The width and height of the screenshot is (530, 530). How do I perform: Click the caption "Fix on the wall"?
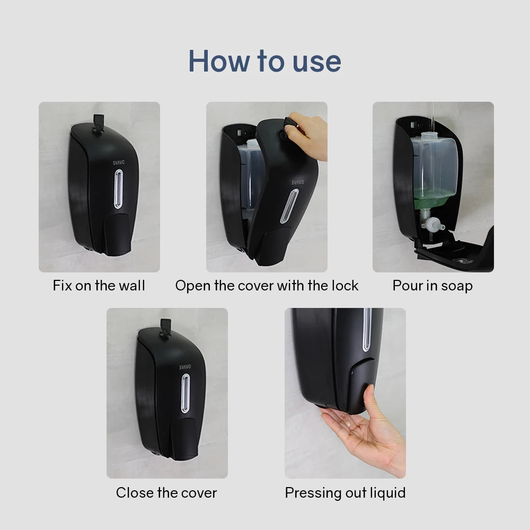[x=99, y=286]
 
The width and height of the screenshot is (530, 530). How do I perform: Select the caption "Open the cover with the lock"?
[x=267, y=286]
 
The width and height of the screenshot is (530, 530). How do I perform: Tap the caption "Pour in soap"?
[x=432, y=286]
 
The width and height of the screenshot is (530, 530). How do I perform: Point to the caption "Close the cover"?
[x=166, y=492]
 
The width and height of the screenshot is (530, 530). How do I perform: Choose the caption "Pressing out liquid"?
[x=345, y=492]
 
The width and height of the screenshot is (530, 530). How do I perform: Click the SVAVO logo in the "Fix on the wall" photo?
[x=118, y=163]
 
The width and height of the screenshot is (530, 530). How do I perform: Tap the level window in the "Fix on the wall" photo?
[x=118, y=189]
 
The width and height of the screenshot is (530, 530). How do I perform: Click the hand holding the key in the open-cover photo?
[x=310, y=135]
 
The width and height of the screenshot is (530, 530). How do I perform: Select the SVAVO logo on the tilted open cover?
[x=297, y=182]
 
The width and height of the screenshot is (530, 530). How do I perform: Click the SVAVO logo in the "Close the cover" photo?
[x=185, y=367]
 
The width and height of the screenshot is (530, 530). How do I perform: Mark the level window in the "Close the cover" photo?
[x=185, y=393]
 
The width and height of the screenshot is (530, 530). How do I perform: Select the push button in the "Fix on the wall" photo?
[x=118, y=233]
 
